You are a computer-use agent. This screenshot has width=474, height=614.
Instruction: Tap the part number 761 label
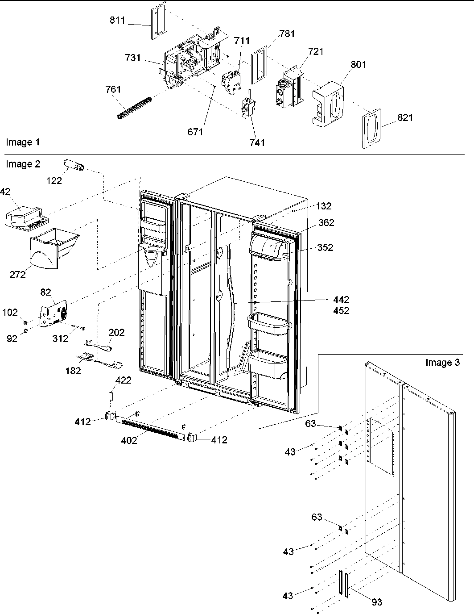tap(113, 90)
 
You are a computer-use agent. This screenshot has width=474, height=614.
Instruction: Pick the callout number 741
tap(257, 142)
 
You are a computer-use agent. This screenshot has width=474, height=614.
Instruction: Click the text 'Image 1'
tap(23, 142)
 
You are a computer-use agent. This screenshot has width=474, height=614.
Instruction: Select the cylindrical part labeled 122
tap(74, 165)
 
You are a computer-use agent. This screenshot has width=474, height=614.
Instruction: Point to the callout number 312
tap(61, 338)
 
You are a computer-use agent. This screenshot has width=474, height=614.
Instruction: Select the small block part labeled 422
tap(111, 396)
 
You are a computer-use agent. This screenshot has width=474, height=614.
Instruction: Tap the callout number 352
tap(325, 247)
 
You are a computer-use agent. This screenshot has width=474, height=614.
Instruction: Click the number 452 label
tap(341, 310)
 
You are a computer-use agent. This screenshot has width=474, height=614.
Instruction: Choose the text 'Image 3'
tap(442, 362)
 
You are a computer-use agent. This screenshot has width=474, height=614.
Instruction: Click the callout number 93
tap(377, 602)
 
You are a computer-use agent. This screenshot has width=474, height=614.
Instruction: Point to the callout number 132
tap(324, 206)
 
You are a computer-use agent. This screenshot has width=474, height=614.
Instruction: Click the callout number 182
tap(73, 370)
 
